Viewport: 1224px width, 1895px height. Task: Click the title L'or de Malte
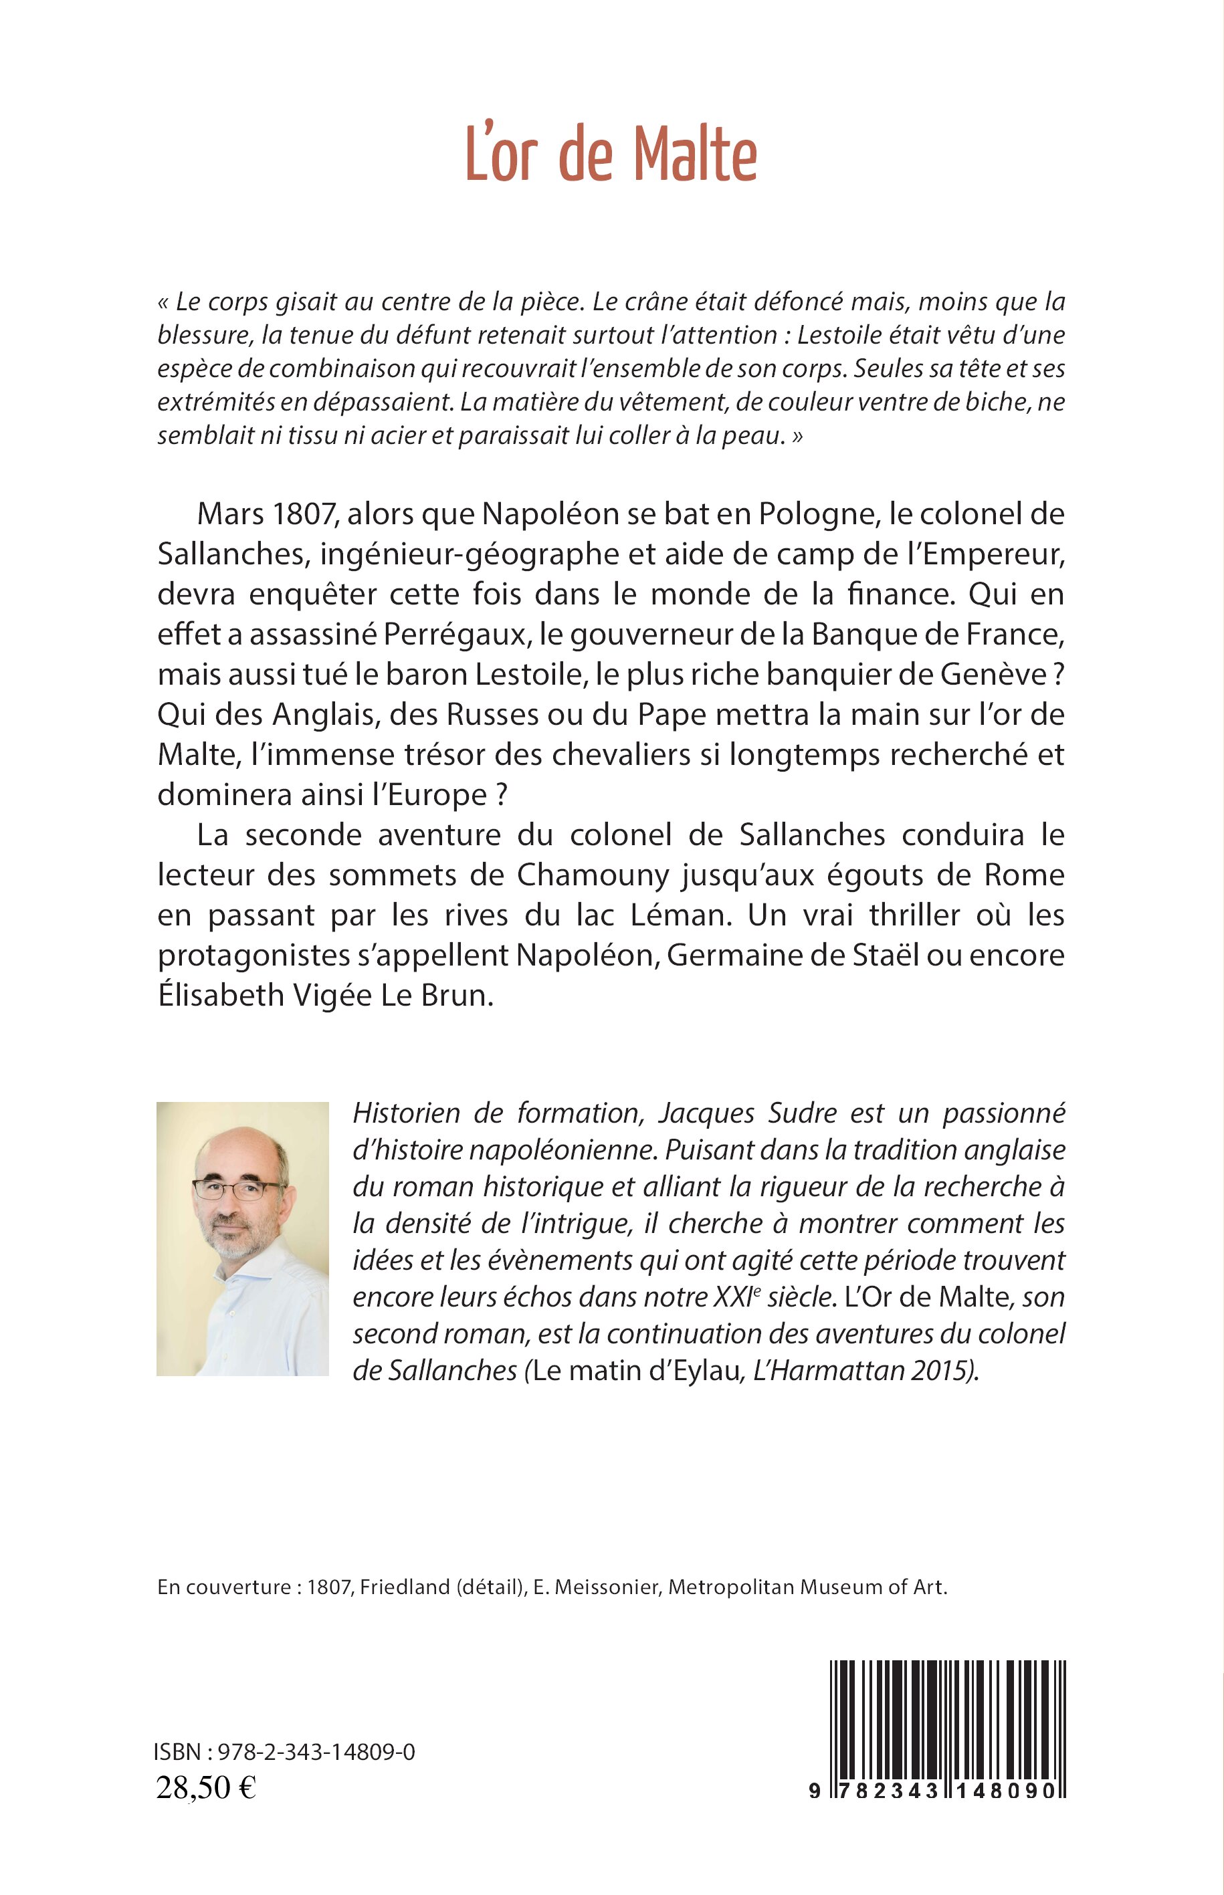tap(611, 157)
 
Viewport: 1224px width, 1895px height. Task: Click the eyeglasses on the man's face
tap(237, 1190)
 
